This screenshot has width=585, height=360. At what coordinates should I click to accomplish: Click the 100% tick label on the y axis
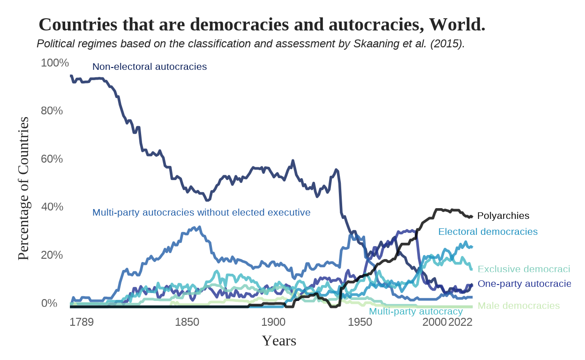[55, 63]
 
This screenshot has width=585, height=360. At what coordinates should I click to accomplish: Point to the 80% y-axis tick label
[52, 111]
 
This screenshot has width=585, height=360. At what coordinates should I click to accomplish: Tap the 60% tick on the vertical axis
[52, 159]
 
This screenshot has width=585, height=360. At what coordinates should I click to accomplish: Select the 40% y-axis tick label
[52, 207]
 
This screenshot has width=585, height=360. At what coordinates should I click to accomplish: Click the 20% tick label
[52, 255]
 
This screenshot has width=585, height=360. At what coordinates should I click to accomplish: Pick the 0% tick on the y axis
[49, 303]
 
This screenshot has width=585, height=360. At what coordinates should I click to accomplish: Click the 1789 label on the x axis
[82, 322]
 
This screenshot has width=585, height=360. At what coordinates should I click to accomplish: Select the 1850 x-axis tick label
[187, 322]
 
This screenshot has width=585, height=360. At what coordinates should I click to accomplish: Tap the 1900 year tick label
[273, 322]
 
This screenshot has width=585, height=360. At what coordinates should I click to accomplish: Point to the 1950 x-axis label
[360, 322]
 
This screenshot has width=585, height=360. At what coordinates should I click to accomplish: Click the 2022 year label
[460, 322]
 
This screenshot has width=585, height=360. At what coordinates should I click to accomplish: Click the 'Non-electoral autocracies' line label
[150, 67]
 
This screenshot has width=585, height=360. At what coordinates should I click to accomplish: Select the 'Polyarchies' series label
[503, 216]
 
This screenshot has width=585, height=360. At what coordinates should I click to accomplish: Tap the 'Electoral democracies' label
[487, 232]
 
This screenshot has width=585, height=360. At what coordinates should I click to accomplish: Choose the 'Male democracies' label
[518, 306]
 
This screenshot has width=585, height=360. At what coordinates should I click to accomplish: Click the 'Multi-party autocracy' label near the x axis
[416, 312]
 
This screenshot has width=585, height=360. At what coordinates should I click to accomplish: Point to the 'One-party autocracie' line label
[524, 284]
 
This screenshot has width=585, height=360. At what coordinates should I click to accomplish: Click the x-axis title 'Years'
[279, 341]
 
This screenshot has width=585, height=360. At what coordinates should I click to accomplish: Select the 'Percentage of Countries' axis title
[23, 188]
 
